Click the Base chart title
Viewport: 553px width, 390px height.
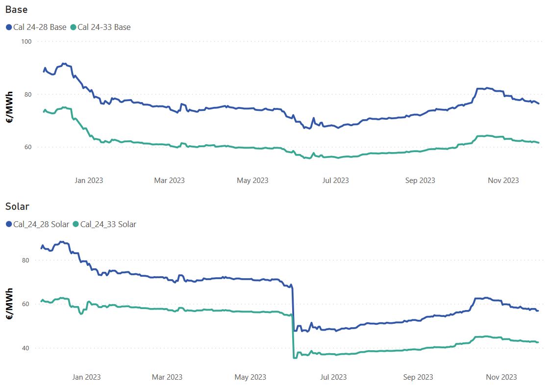(16, 9)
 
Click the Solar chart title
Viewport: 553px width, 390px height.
(17, 207)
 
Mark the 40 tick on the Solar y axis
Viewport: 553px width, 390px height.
(27, 348)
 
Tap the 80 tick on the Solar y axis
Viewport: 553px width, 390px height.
(27, 260)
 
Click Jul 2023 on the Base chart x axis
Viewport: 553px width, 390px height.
(335, 181)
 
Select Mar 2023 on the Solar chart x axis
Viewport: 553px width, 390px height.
(167, 377)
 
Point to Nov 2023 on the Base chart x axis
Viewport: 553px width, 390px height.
(503, 181)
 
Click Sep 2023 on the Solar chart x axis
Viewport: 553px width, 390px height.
(418, 377)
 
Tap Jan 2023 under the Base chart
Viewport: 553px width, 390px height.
(89, 181)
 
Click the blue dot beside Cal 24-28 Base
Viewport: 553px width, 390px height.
(9, 27)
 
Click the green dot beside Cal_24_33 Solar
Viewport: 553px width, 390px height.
(75, 225)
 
